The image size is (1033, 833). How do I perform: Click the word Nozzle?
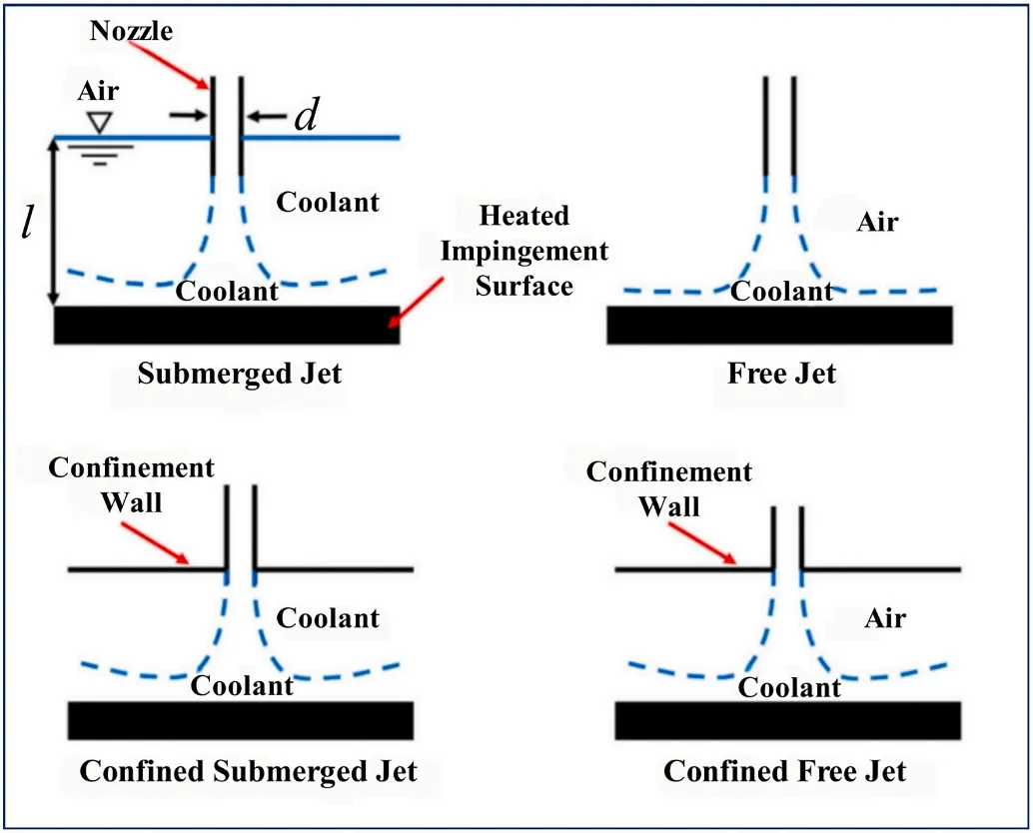131,31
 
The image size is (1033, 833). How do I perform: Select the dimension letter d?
306,117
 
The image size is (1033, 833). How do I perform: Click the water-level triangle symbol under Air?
97,123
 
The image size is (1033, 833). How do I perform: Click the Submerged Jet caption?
240,375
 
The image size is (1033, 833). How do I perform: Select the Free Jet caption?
781,375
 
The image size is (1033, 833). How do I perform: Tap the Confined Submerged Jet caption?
248,771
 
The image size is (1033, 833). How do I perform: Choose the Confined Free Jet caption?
784,771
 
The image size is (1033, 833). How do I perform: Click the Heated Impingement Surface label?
523,250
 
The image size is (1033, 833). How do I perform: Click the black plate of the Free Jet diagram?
779,325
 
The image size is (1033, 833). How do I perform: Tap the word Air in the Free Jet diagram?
877,222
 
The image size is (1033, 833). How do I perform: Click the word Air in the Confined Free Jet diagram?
884,619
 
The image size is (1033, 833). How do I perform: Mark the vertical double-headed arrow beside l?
55,222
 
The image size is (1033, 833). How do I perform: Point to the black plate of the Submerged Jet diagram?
227,326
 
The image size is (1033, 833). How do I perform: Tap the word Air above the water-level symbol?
98,92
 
